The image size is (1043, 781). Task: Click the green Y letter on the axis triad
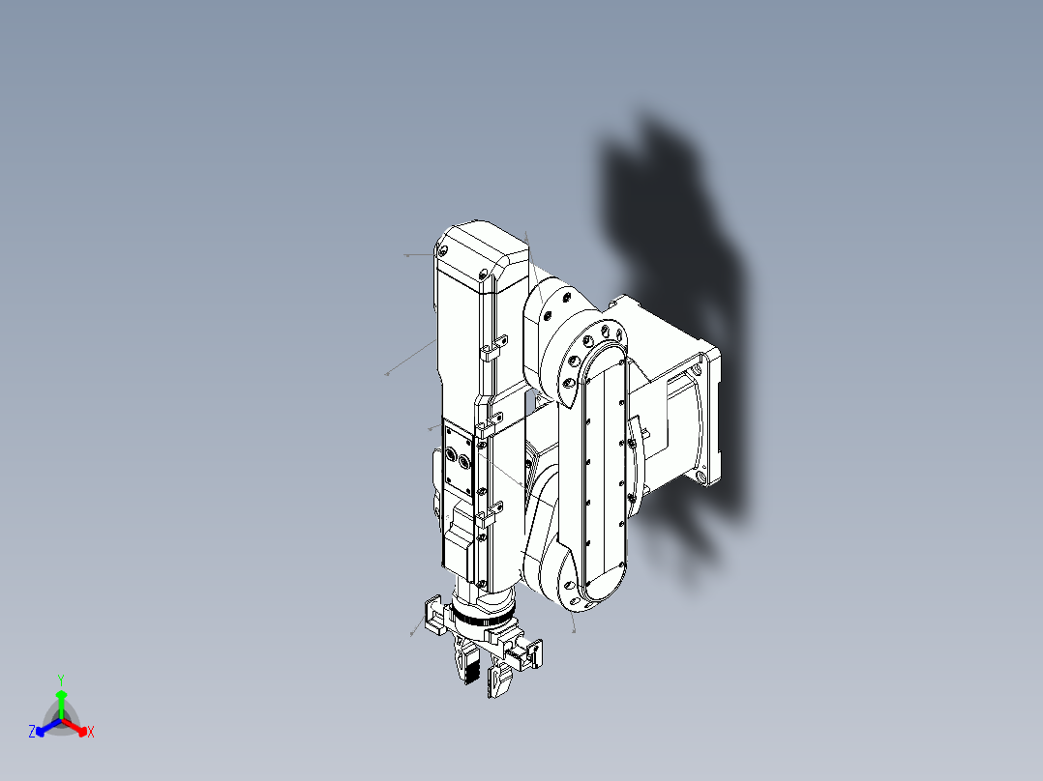[61, 680]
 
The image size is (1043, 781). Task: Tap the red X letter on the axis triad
[91, 733]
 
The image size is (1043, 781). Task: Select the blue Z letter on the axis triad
[32, 733]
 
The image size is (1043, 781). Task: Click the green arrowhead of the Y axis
[61, 694]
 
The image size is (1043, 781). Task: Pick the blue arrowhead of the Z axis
[42, 730]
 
